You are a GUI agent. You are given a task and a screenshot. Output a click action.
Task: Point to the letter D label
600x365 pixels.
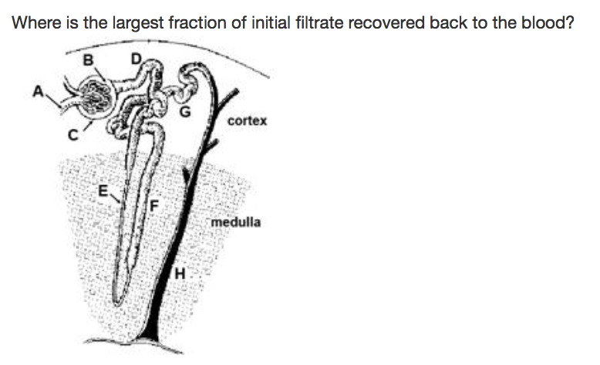(137, 58)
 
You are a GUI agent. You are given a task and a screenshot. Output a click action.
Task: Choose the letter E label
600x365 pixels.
(103, 189)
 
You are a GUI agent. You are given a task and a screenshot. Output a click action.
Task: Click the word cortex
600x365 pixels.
(248, 121)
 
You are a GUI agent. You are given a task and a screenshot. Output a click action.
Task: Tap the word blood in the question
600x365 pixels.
(545, 22)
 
